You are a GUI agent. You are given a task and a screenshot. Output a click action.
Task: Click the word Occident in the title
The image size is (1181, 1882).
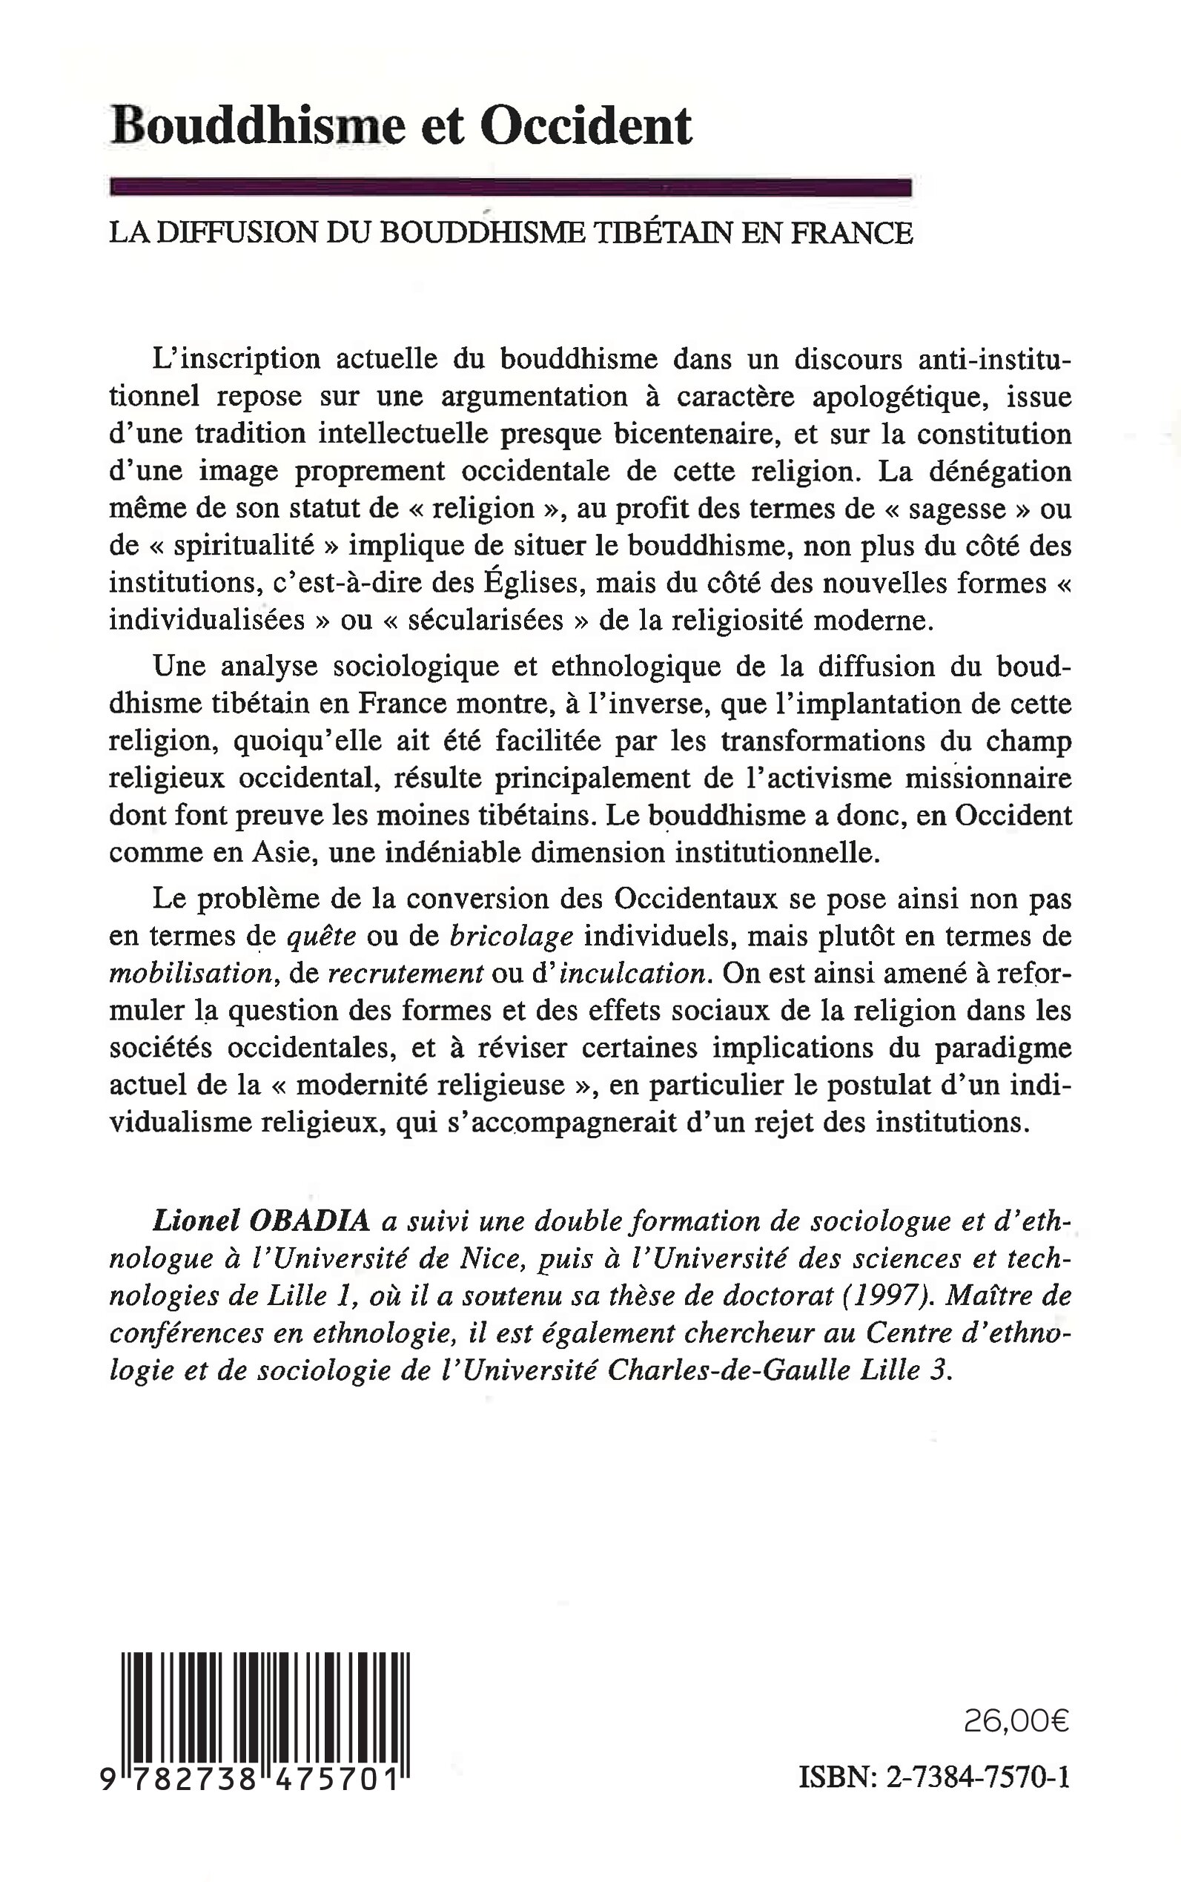(x=586, y=126)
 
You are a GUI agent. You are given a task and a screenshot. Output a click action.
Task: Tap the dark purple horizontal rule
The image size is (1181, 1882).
(x=512, y=188)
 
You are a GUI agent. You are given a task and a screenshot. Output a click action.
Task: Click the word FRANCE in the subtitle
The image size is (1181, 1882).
(x=852, y=233)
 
